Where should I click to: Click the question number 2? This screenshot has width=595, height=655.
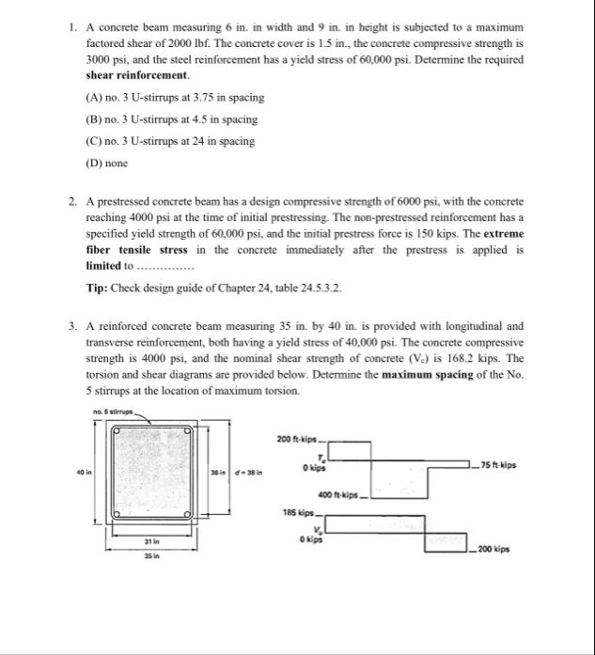pos(71,202)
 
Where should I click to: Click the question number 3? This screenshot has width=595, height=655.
pos(71,326)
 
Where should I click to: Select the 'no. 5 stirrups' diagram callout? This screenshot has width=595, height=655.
pos(114,409)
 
